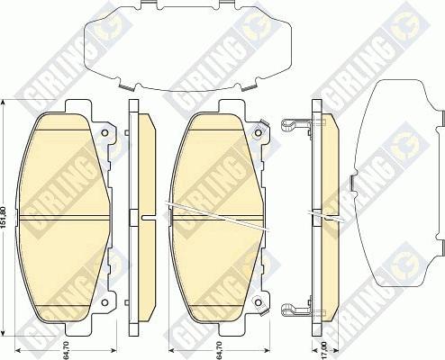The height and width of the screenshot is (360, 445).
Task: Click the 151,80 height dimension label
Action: coord(8,215)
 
